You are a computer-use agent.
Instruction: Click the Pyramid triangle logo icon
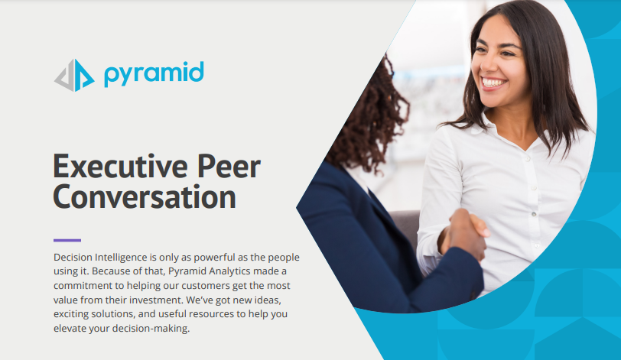tap(74, 75)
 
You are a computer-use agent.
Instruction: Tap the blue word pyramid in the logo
tap(154, 74)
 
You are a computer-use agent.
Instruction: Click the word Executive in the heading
tap(120, 166)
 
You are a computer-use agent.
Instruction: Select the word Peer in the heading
tap(229, 166)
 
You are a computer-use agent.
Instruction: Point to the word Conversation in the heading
tap(145, 196)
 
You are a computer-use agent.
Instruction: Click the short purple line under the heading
tap(67, 240)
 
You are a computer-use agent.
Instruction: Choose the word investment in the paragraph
tap(156, 300)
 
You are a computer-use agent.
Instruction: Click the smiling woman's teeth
tap(493, 83)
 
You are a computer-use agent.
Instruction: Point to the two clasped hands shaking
tap(464, 233)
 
